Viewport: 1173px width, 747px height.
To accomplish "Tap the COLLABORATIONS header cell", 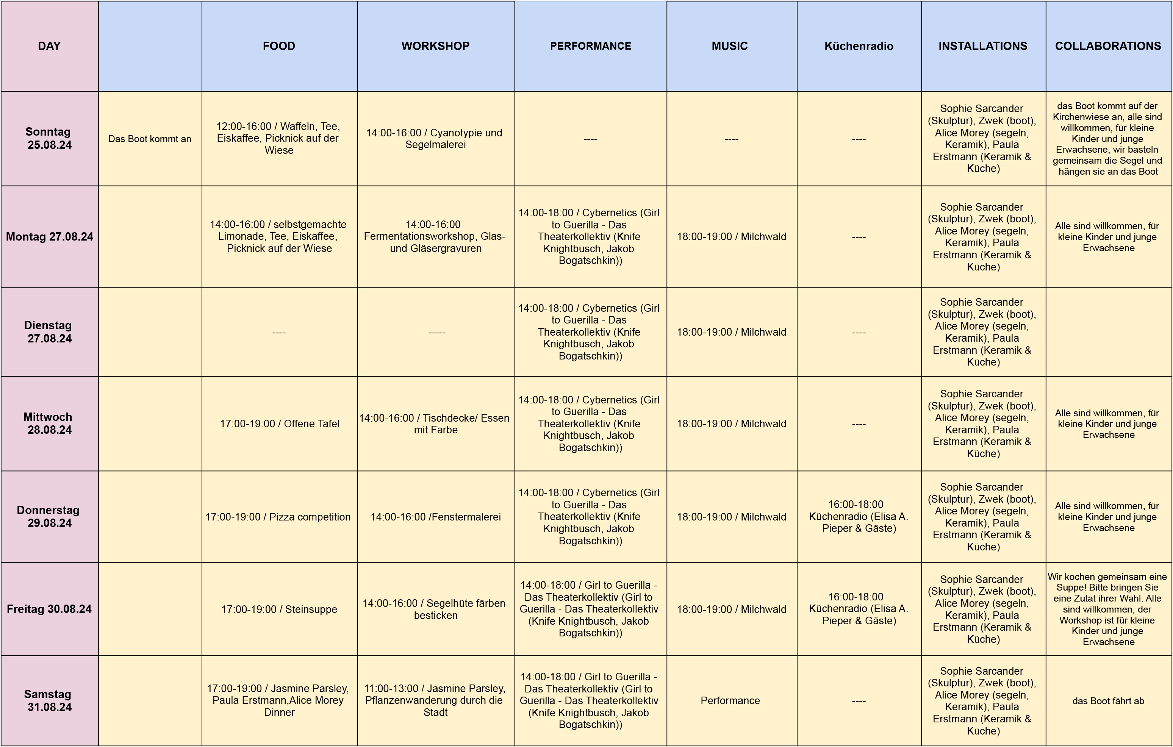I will tap(1108, 46).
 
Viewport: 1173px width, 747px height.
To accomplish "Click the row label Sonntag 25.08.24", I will tap(49, 138).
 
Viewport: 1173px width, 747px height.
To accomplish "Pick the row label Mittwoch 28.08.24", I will tap(49, 423).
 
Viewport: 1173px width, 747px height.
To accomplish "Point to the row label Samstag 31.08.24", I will tap(49, 700).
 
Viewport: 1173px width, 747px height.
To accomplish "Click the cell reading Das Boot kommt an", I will tap(150, 139).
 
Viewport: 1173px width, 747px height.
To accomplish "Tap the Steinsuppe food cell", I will tap(279, 609).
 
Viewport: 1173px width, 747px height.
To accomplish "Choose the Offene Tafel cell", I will tap(279, 424).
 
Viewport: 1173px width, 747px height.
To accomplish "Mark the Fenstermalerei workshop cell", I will tap(435, 517).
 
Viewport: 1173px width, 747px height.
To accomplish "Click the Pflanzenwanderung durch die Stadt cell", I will tap(435, 700).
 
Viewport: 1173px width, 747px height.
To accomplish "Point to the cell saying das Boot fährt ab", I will tap(1108, 701).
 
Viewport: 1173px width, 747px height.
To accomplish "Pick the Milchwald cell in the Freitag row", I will tap(731, 609).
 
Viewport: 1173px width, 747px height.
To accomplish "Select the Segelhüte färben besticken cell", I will tap(435, 609).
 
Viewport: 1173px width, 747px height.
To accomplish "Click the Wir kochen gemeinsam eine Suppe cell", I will tap(1108, 609).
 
